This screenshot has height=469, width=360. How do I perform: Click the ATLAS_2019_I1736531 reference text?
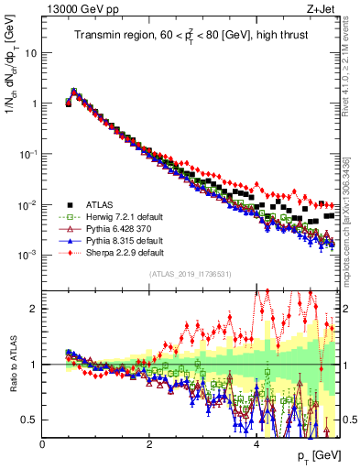[191, 274]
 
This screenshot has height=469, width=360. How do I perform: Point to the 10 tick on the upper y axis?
[33, 52]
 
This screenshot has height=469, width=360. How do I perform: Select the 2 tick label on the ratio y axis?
[36, 309]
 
